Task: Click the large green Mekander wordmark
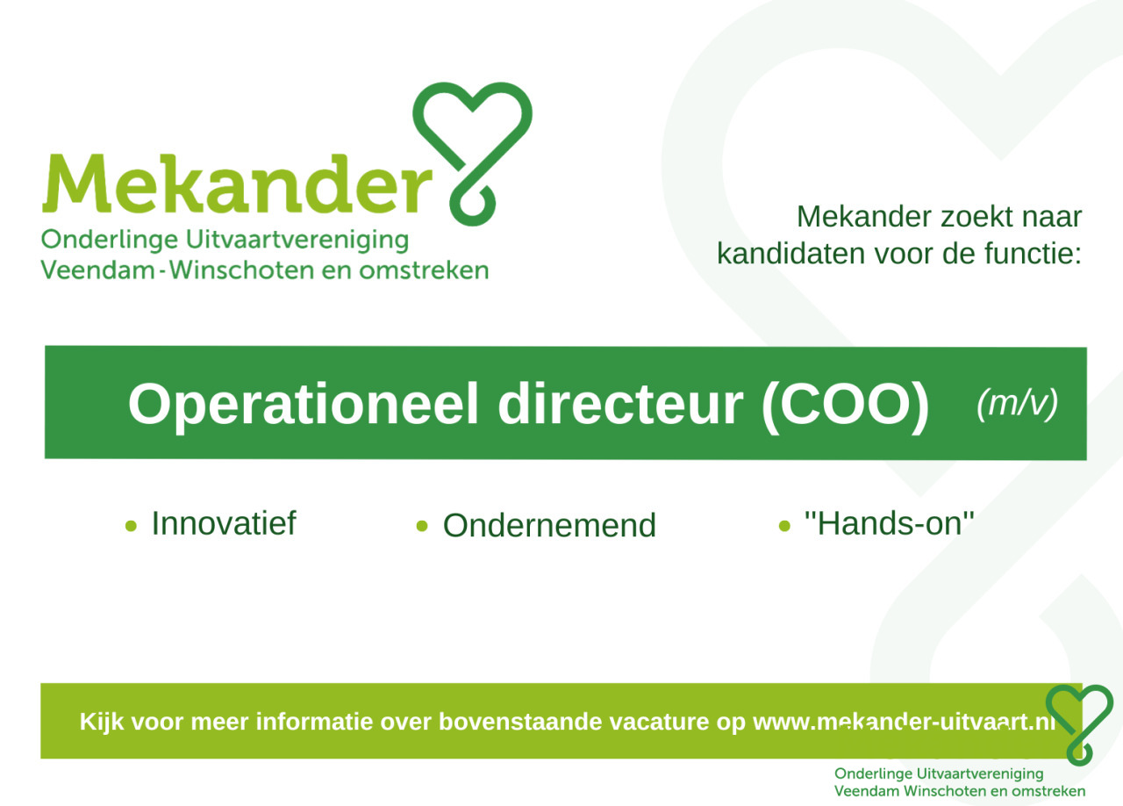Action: [237, 184]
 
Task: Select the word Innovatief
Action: [224, 523]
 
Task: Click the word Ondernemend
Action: [549, 525]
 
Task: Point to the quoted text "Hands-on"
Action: [890, 523]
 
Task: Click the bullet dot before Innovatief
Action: [131, 526]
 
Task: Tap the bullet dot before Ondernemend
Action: [422, 525]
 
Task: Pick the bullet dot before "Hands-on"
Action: [784, 526]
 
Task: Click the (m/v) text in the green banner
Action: [1017, 403]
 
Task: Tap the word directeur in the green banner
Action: [620, 405]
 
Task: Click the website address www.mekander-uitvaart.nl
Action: [904, 722]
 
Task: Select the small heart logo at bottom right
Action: [1079, 725]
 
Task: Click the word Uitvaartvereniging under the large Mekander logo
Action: [297, 241]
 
